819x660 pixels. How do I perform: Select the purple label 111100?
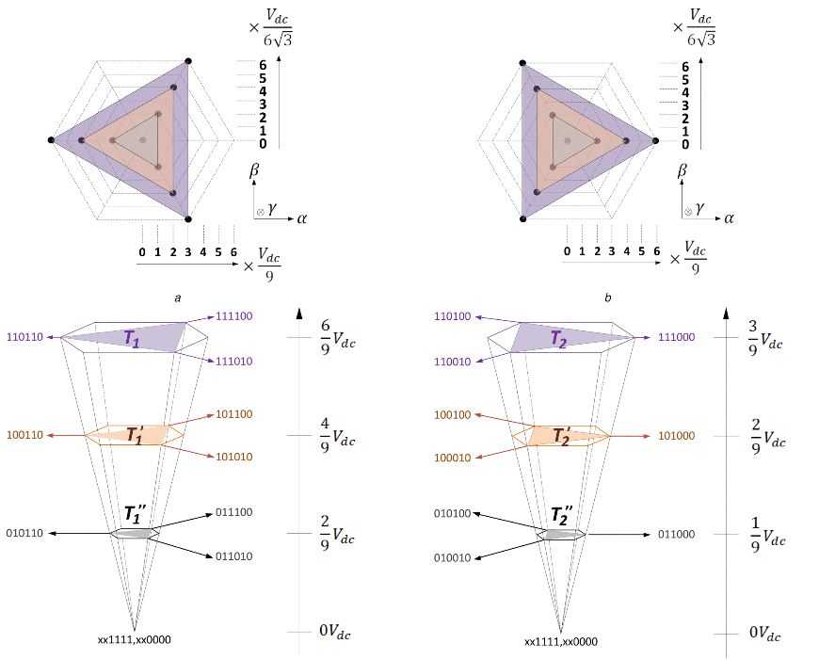click(234, 316)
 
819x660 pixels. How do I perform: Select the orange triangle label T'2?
click(563, 436)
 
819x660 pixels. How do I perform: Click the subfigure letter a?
click(177, 298)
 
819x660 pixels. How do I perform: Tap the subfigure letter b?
click(608, 298)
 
